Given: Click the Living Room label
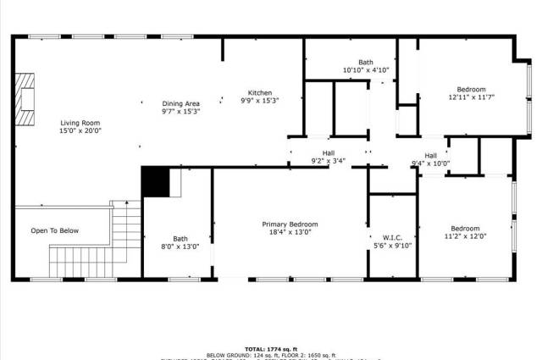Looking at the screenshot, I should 80,123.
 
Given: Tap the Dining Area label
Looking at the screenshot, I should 180,103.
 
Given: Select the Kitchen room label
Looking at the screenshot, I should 259,92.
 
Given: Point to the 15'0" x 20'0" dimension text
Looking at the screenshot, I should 80,131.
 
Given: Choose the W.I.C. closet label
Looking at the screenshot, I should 391,237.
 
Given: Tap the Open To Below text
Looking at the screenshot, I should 55,230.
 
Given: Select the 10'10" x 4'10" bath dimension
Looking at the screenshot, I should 365,70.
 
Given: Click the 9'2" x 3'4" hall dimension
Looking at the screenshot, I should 329,160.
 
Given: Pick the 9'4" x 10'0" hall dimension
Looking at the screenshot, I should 430,163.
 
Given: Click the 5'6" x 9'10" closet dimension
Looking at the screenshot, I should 391,246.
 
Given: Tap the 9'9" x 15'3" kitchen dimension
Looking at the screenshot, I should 259,101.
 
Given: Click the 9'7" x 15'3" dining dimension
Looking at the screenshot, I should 180,112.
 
